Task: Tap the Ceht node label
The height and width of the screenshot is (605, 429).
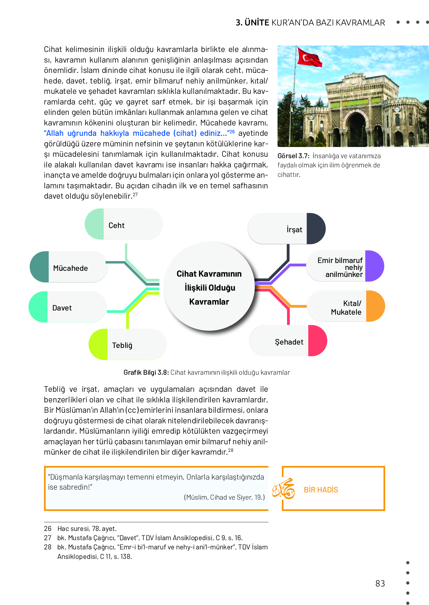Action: point(117,226)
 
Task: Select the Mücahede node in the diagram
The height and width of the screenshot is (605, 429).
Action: point(70,268)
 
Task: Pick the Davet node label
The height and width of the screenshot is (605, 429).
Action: point(62,308)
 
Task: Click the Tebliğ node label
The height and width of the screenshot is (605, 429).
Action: point(122,345)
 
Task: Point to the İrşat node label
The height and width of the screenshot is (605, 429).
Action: point(294,230)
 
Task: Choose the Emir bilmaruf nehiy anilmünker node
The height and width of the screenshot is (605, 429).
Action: point(340,267)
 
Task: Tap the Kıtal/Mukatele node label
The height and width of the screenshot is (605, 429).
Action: point(346,308)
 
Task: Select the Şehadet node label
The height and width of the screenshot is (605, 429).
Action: point(289,342)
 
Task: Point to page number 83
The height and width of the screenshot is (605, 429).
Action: point(380,583)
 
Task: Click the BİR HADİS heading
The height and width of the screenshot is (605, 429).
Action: point(321,490)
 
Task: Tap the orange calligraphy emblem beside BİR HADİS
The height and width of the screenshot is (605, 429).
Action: point(284,489)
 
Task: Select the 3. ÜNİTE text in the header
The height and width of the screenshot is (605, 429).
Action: point(252,23)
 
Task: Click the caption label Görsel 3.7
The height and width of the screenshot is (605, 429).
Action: point(293,156)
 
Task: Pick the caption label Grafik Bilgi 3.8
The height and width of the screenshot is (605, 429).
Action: point(146,373)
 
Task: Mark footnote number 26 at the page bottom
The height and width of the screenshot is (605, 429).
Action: point(48,529)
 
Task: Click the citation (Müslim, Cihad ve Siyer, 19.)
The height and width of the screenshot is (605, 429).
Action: point(224,497)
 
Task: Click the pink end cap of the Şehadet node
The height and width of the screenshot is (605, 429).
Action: point(317,341)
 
